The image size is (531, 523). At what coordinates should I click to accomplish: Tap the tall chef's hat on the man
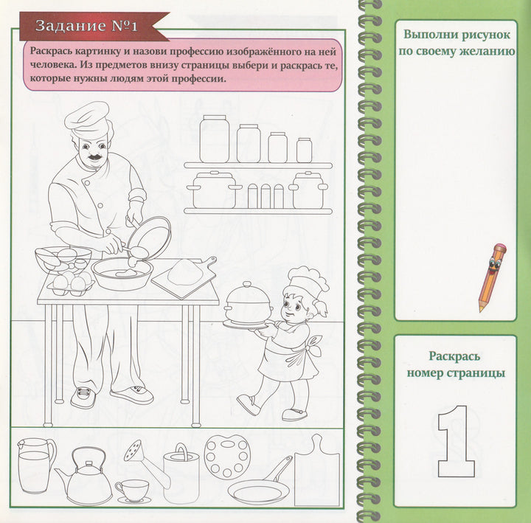[87, 120]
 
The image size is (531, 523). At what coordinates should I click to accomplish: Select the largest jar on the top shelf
[214, 139]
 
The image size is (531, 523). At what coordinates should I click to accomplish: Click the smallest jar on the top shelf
[304, 150]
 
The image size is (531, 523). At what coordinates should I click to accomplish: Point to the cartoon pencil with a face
[492, 277]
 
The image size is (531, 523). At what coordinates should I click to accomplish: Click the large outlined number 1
[455, 441]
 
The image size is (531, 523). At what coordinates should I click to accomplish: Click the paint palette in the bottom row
[226, 457]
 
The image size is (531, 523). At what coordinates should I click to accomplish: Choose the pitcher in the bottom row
[35, 465]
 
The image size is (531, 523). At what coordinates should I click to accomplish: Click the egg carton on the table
[71, 283]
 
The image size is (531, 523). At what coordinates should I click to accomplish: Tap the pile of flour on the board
[184, 272]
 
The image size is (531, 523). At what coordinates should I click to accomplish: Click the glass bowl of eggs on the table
[63, 258]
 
